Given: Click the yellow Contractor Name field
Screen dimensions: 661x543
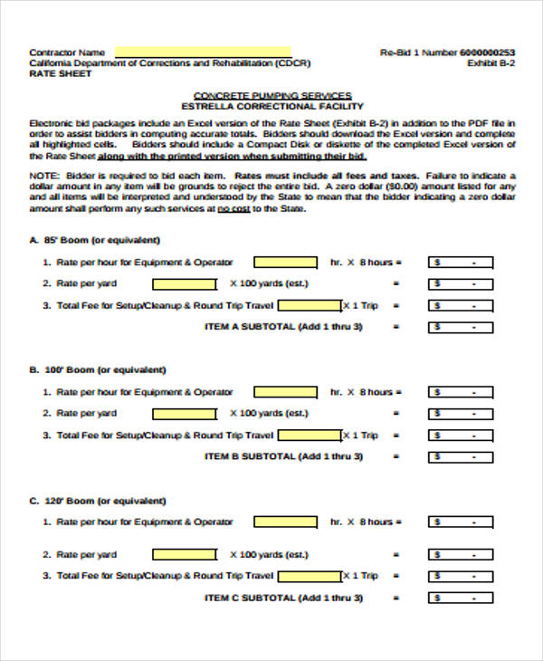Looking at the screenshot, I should (x=203, y=52).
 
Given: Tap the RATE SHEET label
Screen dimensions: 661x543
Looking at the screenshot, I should (x=60, y=74).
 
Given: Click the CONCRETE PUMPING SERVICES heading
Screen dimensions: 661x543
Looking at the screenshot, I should (x=272, y=95).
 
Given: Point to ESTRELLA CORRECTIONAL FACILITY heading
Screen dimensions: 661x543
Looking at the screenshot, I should (x=272, y=106).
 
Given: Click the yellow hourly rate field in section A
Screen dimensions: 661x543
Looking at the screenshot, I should (x=285, y=263).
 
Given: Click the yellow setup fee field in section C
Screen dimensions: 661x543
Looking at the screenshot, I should (x=309, y=576).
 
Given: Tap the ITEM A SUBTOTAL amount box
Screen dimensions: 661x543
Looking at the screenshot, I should (x=461, y=327).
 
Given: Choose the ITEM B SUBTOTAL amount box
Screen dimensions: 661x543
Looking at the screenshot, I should (x=461, y=457).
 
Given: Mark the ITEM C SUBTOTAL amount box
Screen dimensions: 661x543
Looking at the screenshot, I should (x=461, y=599).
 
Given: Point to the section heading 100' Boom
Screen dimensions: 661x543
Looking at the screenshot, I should (x=104, y=370).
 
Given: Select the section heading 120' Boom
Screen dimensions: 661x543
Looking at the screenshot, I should (x=104, y=501).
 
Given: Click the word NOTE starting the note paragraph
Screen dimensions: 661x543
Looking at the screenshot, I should (x=42, y=176).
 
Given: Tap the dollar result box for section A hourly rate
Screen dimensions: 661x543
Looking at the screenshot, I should (x=461, y=263).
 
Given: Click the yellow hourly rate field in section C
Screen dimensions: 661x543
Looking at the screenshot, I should (x=285, y=522).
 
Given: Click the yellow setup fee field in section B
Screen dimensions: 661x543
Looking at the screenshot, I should (x=309, y=436).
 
